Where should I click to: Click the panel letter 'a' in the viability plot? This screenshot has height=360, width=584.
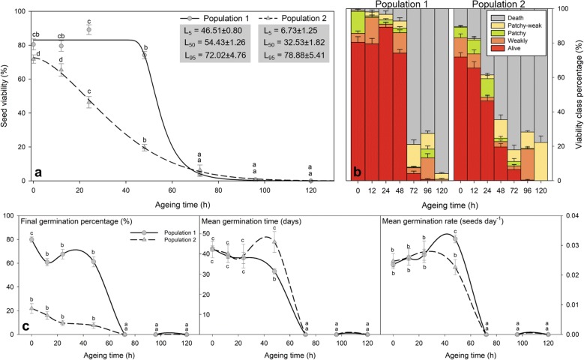pos(35,172)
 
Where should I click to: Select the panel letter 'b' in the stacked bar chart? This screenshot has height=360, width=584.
pos(358,172)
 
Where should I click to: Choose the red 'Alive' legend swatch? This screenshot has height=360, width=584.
pos(511,64)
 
